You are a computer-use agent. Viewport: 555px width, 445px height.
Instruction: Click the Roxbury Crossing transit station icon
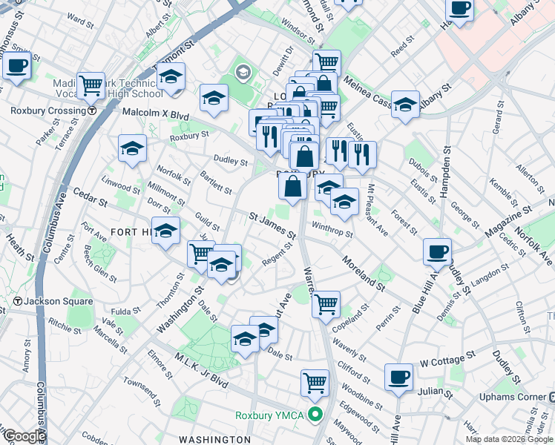pyautogui.click(x=91, y=111)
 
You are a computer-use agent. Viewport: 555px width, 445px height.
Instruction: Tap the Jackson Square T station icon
pyautogui.click(x=17, y=301)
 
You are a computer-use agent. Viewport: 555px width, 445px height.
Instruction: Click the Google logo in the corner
pyautogui.click(x=24, y=436)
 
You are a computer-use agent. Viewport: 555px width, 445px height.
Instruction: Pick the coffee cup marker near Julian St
pyautogui.click(x=398, y=376)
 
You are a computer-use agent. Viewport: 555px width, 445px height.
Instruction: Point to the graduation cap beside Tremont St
pyautogui.click(x=171, y=76)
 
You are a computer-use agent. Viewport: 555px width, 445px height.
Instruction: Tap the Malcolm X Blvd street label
pyautogui.click(x=155, y=116)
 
